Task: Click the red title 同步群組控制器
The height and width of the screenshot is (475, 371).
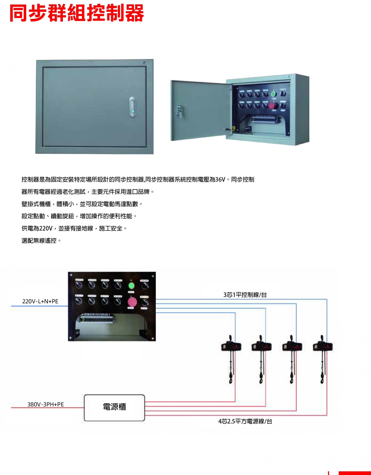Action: [x=77, y=13]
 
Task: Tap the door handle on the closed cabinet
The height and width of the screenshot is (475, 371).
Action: [x=132, y=107]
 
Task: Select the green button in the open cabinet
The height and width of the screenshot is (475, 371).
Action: [x=273, y=94]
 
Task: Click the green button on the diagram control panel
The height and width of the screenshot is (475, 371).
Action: [x=131, y=285]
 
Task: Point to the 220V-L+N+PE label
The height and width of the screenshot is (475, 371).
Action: [x=40, y=301]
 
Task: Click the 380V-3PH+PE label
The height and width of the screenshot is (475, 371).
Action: [x=46, y=404]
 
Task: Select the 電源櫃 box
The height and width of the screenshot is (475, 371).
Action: [x=114, y=408]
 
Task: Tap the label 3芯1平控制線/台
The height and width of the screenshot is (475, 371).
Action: [x=245, y=295]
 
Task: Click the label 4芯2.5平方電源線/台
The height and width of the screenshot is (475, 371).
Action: [x=245, y=421]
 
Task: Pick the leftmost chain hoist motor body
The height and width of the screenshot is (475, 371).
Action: [x=231, y=346]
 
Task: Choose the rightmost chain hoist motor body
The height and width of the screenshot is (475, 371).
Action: [x=323, y=346]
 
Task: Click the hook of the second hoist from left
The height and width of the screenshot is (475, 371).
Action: [x=261, y=380]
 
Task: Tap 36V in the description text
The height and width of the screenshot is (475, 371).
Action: [x=220, y=180]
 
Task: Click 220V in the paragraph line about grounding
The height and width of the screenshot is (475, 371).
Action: [x=46, y=228]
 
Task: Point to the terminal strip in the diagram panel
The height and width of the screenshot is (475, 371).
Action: [x=97, y=318]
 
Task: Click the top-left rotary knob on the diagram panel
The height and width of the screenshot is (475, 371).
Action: [x=79, y=284]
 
